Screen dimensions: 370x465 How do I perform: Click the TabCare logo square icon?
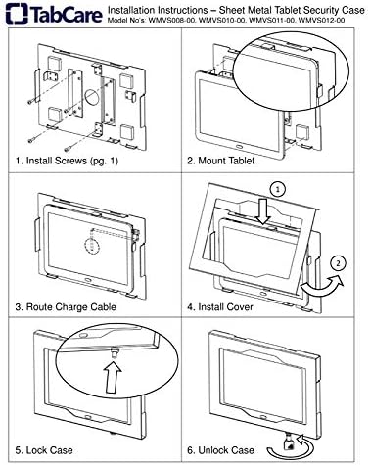(x=17, y=14)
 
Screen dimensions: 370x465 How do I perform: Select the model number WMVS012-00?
(x=321, y=21)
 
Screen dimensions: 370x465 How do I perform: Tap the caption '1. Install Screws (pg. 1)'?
(x=67, y=161)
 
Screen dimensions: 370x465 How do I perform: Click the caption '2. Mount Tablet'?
(x=220, y=161)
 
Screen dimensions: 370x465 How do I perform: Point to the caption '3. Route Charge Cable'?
(x=66, y=307)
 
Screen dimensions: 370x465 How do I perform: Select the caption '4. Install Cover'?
(x=220, y=307)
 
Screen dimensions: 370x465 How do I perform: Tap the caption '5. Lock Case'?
(x=44, y=450)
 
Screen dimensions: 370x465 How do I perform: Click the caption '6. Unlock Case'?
(x=220, y=450)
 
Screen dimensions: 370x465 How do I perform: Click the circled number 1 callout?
(x=278, y=189)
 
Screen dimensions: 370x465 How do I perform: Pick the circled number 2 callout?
(x=338, y=263)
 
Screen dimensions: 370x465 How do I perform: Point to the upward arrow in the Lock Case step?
(x=113, y=378)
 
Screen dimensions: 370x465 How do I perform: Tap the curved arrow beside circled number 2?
(x=321, y=286)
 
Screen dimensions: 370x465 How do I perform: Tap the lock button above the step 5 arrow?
(x=114, y=353)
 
